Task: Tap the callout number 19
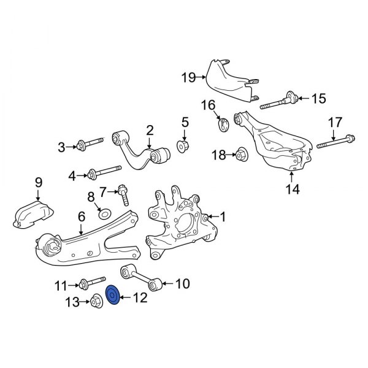tap(188, 77)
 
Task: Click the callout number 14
tap(292, 190)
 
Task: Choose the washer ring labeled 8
tap(105, 215)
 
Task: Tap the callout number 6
tap(80, 215)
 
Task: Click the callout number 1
tap(223, 216)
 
